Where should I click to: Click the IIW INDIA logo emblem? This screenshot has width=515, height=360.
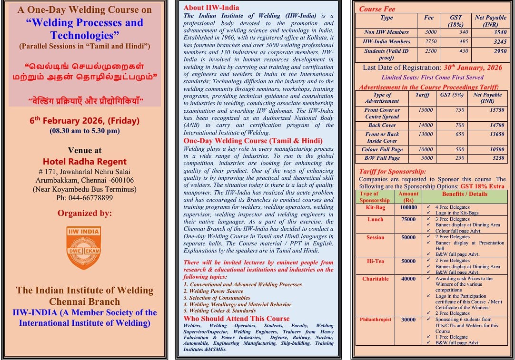pyautogui.click(x=83, y=248)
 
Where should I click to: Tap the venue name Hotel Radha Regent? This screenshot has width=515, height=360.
pyautogui.click(x=85, y=161)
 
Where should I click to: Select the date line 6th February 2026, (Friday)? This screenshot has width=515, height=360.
pyautogui.click(x=84, y=121)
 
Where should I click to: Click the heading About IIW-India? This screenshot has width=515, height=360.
pyautogui.click(x=211, y=8)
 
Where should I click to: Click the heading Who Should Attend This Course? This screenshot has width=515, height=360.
pyautogui.click(x=237, y=319)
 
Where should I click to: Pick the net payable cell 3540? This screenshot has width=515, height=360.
pyautogui.click(x=500, y=32)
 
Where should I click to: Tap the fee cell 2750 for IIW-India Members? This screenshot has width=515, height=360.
pyautogui.click(x=430, y=42)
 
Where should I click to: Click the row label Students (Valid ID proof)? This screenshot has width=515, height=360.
pyautogui.click(x=386, y=54)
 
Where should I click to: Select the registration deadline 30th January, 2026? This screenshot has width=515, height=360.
pyautogui.click(x=470, y=68)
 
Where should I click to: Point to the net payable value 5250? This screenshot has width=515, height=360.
pyautogui.click(x=498, y=158)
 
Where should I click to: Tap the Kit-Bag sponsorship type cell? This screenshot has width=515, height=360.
pyautogui.click(x=375, y=208)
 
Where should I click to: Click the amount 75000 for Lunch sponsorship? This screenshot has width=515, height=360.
pyautogui.click(x=408, y=220)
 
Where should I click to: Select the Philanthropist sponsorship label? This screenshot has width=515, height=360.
pyautogui.click(x=375, y=320)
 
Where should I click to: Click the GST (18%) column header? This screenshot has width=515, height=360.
pyautogui.click(x=456, y=20)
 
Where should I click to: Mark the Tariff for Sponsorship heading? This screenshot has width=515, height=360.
pyautogui.click(x=392, y=172)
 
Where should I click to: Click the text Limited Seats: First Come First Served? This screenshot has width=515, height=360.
pyautogui.click(x=432, y=78)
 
